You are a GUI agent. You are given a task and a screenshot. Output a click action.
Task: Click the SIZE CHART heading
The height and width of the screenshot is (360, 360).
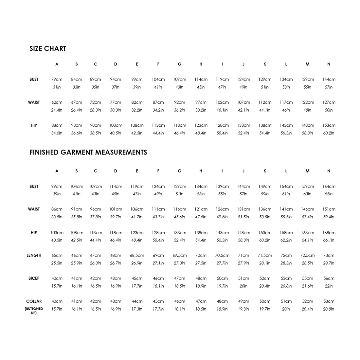pos(48,49)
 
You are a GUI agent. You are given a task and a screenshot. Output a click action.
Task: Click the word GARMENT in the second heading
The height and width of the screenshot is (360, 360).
pos(75,153)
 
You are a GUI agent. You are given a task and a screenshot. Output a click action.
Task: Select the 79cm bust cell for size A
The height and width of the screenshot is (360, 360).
pos(57,80)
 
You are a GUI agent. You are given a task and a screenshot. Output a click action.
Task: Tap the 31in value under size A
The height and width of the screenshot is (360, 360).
pos(57,87)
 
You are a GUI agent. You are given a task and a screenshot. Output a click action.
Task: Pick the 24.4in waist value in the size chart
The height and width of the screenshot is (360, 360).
pos(57,110)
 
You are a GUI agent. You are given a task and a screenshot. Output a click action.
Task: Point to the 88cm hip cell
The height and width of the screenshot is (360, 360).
pos(57,125)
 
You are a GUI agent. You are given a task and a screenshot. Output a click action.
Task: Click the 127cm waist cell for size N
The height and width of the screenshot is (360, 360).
pos(329,102)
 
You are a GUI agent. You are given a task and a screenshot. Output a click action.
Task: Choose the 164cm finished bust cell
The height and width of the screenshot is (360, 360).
pos(329,187)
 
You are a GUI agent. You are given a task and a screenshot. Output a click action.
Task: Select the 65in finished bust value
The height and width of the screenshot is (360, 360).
pos(329,194)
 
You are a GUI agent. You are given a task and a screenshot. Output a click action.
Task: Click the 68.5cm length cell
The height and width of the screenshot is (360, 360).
pos(137,256)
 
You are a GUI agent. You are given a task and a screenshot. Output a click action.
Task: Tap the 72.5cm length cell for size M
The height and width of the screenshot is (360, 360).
pos(307,256)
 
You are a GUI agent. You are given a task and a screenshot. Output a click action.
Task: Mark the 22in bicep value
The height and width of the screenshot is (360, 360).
pos(329,286)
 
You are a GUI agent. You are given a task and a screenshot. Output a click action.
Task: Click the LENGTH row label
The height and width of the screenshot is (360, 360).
pos(34,256)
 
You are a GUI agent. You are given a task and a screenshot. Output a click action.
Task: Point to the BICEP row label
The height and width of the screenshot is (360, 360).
pos(34,279)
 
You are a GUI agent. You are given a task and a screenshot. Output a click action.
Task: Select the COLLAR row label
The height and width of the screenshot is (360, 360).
pos(34,301)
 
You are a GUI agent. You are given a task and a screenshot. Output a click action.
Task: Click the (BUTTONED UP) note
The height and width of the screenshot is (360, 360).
pos(34,311)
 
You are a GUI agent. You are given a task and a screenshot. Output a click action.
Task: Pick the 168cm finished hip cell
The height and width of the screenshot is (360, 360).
pos(329,233)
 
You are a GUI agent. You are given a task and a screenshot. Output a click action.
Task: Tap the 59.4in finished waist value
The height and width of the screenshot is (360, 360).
pos(329,217)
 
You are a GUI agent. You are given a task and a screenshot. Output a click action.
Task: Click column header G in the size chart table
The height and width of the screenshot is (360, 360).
pos(179,64)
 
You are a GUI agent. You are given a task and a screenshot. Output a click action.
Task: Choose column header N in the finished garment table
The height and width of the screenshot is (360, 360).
pos(329,171)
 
